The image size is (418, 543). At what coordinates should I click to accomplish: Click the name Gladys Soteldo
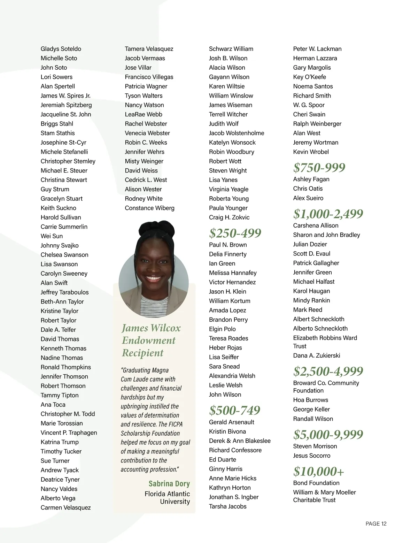[x=61, y=49]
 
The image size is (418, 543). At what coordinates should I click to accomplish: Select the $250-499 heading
[x=235, y=233]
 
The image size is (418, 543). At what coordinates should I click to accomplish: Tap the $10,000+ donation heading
[x=318, y=471]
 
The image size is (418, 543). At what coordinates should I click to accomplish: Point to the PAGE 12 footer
[x=376, y=523]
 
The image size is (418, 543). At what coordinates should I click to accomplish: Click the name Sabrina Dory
[x=169, y=483]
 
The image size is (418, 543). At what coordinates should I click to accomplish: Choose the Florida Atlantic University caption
[x=168, y=498]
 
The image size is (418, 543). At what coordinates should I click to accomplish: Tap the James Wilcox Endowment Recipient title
[x=151, y=340]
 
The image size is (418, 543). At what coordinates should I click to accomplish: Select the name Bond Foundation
[x=316, y=483]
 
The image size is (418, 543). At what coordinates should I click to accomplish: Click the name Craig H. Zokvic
[x=229, y=217]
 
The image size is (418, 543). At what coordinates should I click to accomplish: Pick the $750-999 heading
[x=319, y=167]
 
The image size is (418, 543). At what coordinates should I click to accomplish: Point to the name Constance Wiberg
[x=149, y=208]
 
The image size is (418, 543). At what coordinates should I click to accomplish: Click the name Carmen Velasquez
[x=65, y=507]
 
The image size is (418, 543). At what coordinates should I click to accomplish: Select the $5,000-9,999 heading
[x=328, y=434]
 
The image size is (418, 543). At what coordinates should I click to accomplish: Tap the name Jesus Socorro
[x=312, y=456]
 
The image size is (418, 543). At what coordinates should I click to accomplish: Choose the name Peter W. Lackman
[x=317, y=49]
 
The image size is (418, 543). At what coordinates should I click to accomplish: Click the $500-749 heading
[x=235, y=410]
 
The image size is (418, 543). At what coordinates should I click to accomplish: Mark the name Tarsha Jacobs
[x=227, y=506]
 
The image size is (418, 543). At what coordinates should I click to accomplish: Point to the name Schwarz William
[x=231, y=49]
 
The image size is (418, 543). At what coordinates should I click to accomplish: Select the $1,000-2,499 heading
[x=328, y=214]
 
